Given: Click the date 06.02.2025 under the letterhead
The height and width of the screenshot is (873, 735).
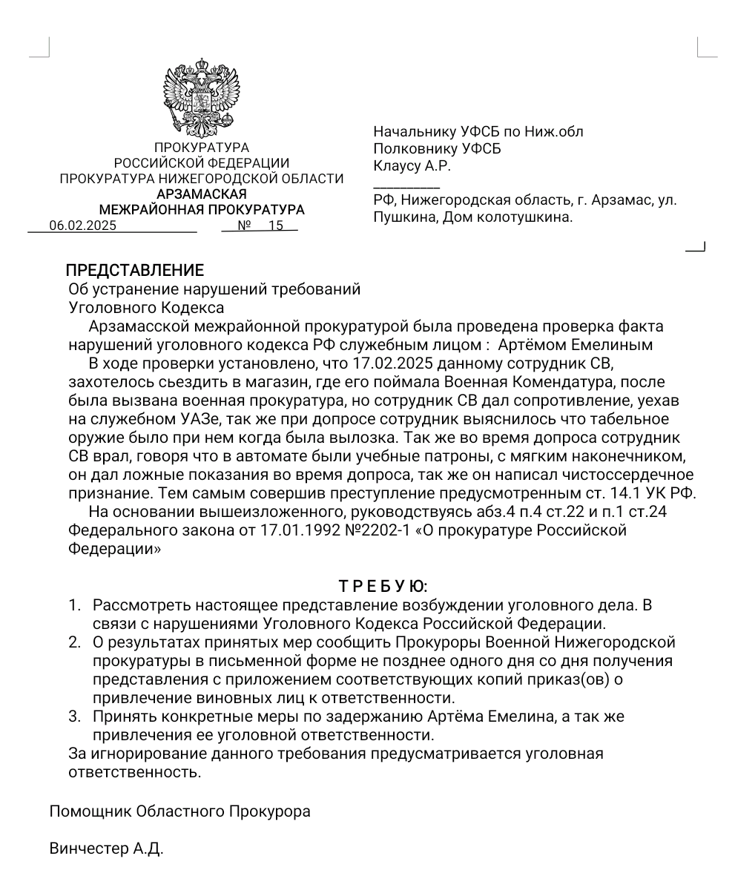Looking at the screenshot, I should (x=82, y=226).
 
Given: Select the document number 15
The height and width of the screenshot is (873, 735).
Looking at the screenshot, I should (x=275, y=225).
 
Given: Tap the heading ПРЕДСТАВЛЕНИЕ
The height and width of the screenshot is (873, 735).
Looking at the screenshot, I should (x=134, y=271).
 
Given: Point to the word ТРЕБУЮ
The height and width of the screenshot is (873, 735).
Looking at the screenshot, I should (x=383, y=587).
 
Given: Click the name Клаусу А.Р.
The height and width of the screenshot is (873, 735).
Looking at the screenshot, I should (x=412, y=166).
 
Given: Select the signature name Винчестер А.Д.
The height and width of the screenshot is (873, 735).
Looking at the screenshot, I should (x=106, y=849).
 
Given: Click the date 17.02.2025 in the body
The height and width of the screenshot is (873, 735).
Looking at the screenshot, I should (x=393, y=363).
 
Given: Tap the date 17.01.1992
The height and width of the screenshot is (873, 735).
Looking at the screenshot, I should (x=297, y=530).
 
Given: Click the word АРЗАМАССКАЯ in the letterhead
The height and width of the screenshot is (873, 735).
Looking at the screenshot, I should (x=202, y=194).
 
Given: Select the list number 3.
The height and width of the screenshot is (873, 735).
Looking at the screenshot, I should (x=74, y=716).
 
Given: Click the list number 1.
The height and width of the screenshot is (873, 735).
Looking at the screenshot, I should (x=74, y=605).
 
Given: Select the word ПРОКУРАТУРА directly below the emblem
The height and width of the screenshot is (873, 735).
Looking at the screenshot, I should (x=202, y=148).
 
